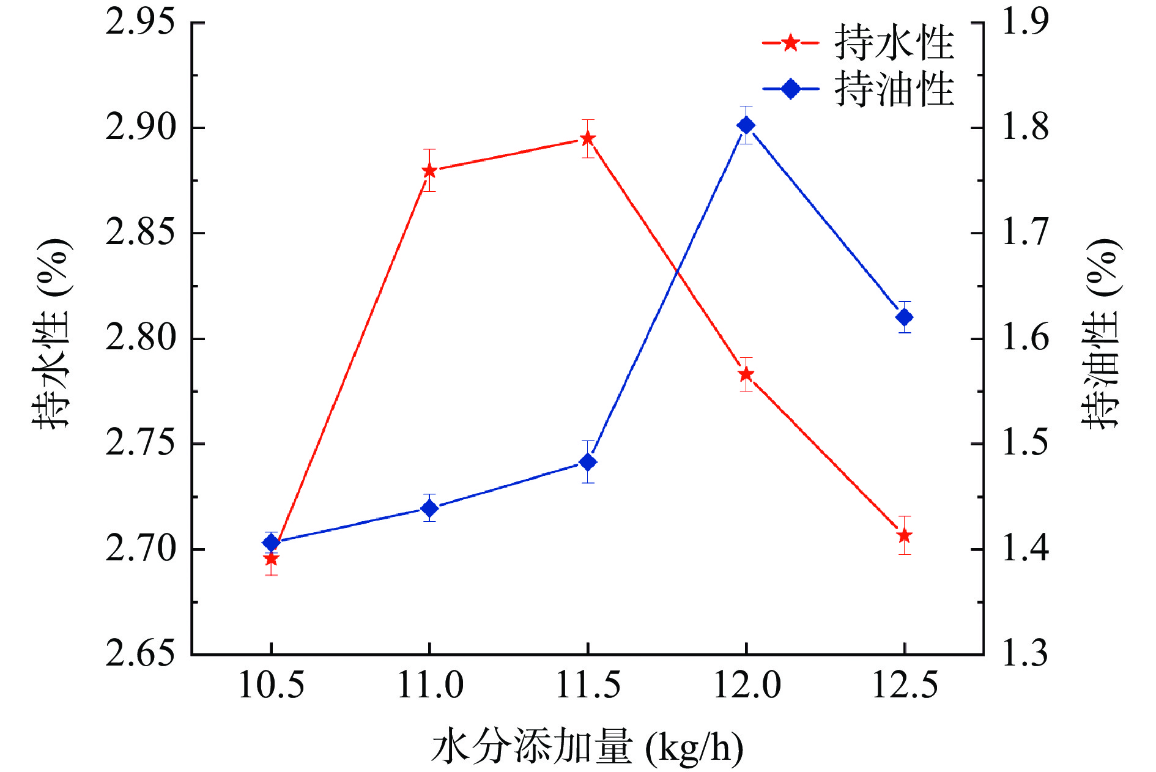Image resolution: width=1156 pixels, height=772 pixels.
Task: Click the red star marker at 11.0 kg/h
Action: (429, 170)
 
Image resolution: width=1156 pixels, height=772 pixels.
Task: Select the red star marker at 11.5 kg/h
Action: (588, 138)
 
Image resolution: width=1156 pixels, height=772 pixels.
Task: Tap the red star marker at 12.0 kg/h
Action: (746, 374)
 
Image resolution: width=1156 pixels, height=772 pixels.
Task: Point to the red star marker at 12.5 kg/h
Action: (905, 536)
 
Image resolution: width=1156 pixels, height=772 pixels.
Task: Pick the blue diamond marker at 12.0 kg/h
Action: (746, 125)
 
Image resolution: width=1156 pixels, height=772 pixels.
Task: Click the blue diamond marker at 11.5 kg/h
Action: (588, 462)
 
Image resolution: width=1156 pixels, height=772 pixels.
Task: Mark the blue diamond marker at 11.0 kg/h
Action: (429, 508)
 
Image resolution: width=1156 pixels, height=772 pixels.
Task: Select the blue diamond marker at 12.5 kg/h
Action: (905, 317)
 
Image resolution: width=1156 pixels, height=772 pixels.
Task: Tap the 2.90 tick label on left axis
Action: (140, 128)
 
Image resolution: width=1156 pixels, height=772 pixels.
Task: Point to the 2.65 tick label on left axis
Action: (140, 654)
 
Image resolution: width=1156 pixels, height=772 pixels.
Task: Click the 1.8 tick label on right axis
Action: (1025, 128)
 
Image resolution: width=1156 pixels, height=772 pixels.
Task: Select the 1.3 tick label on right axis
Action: (1025, 654)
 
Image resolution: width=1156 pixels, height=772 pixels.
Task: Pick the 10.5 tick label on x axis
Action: (271, 685)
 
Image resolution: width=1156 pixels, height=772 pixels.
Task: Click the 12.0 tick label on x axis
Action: (747, 685)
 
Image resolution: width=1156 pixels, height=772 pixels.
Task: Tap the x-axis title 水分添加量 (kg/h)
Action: (587, 748)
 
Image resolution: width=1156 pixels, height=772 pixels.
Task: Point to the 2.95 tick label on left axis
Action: (140, 23)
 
